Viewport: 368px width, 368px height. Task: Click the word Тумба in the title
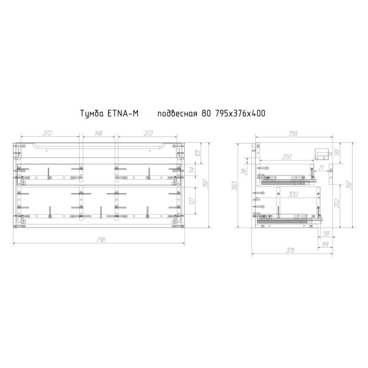94,114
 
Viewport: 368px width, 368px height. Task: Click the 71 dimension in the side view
321,167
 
